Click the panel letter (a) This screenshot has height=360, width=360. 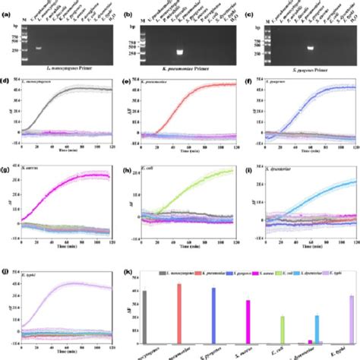5,5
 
